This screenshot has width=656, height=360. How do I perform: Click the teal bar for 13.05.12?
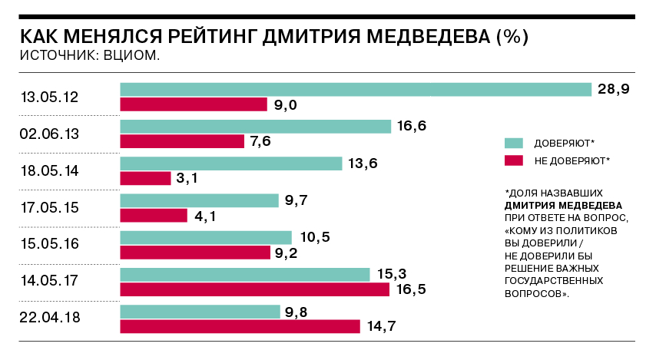356,89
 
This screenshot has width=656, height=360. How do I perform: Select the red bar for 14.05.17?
255,289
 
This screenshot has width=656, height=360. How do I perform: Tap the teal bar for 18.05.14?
230,163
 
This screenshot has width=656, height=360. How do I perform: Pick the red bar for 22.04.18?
240,326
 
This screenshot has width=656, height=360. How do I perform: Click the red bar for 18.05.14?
145,178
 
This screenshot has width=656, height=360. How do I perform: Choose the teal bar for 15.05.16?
206,237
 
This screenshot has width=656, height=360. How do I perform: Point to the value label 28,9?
614,89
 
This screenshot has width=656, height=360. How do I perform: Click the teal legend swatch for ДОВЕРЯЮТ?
513,143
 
